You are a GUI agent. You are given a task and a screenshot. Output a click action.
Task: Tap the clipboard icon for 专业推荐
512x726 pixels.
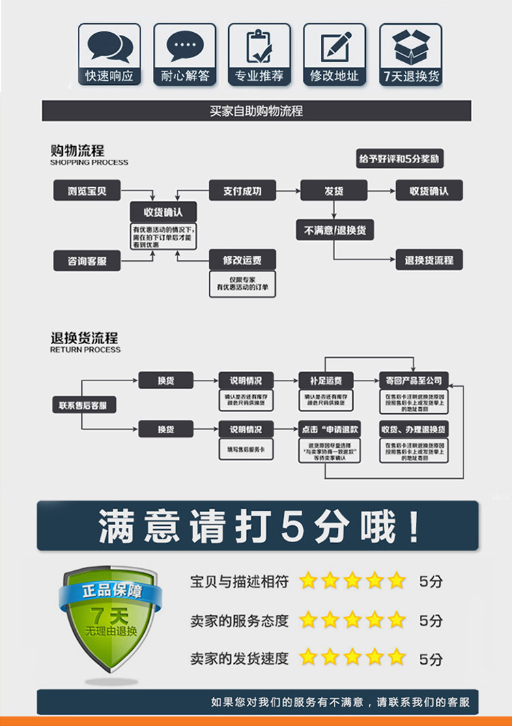click(259, 46)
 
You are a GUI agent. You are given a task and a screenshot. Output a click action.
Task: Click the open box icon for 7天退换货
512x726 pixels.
click(410, 46)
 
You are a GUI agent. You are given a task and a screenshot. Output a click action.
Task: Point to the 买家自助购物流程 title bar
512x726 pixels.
click(257, 111)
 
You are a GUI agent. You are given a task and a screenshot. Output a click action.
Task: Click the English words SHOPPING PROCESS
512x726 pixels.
click(89, 163)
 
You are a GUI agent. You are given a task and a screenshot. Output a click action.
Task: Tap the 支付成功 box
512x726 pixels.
click(242, 191)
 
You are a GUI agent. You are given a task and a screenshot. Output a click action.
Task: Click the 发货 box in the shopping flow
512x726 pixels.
click(333, 191)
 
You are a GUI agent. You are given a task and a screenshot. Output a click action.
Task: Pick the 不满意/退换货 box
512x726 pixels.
click(334, 230)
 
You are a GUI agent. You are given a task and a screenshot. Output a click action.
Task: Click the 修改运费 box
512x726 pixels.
click(242, 260)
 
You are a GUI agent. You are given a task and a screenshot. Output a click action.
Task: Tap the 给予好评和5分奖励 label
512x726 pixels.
click(399, 159)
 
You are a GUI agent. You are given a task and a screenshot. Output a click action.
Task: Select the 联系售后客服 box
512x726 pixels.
click(83, 405)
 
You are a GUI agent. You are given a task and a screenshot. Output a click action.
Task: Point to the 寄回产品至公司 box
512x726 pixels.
click(414, 381)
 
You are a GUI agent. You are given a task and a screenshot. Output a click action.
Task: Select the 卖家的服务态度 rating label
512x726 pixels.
click(240, 621)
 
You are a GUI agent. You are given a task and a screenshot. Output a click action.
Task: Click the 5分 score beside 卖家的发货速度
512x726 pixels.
click(431, 659)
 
